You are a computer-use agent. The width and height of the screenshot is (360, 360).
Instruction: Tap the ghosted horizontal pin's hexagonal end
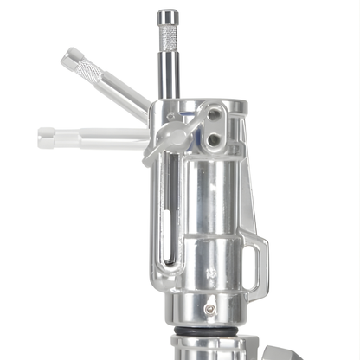coord(47,137)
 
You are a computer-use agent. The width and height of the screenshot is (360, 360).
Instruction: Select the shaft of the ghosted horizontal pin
coord(104,137)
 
